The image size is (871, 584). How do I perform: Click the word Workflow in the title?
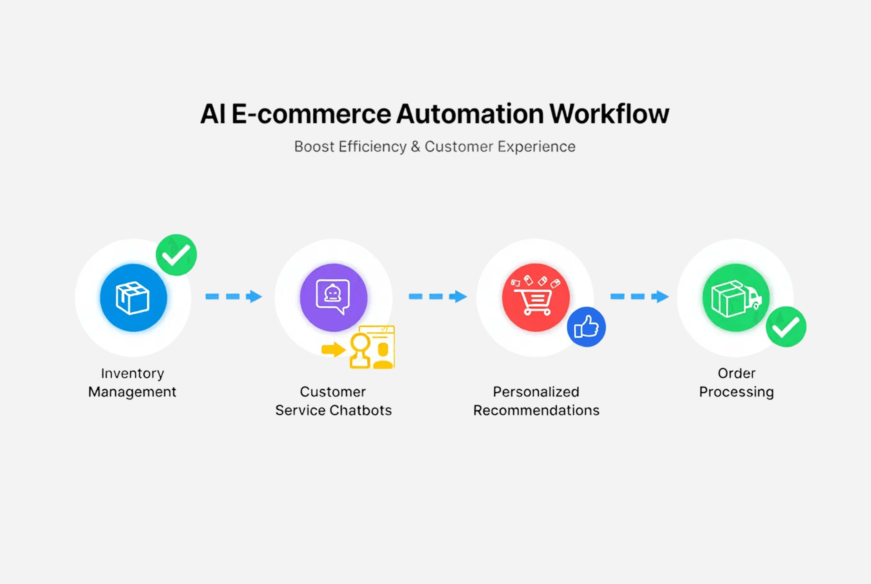tap(609, 114)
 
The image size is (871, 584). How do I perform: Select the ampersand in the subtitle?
tap(415, 147)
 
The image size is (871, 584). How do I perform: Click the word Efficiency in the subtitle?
tap(372, 147)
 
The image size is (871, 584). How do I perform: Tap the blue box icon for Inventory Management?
tap(133, 298)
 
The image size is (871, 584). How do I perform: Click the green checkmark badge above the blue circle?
tap(176, 255)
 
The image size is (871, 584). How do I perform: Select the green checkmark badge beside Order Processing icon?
tap(786, 327)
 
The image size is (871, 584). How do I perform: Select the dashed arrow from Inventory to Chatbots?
tap(234, 296)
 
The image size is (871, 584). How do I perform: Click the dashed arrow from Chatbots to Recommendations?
tap(437, 296)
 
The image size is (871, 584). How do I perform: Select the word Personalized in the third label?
tap(536, 392)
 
